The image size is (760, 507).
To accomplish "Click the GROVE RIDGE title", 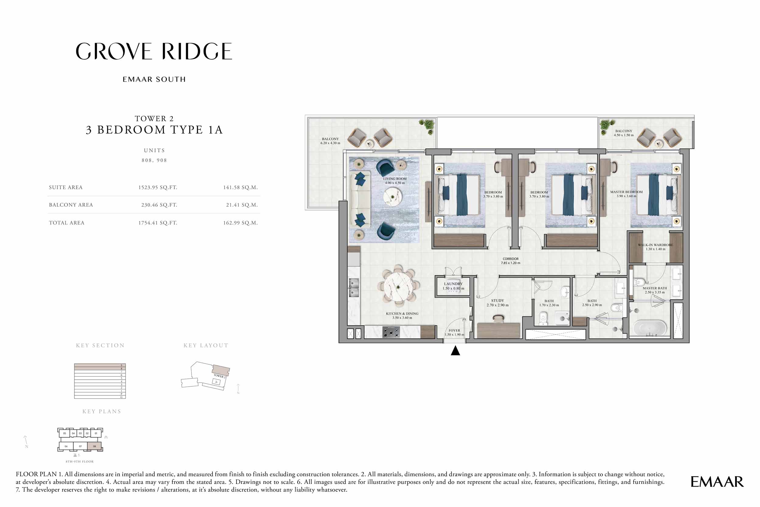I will click(x=154, y=51).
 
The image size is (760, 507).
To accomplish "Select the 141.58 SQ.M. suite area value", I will click(x=240, y=188).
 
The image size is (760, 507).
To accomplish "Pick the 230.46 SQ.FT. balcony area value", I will click(x=159, y=205).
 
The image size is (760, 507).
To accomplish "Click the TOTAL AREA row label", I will click(x=67, y=223).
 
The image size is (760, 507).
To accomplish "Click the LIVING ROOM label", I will click(x=395, y=179).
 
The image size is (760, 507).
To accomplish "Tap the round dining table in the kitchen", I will click(x=399, y=287).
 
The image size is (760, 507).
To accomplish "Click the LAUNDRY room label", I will click(x=453, y=284).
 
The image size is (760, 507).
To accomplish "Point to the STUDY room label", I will click(x=497, y=301).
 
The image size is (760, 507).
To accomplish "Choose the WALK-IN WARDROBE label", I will click(x=655, y=245).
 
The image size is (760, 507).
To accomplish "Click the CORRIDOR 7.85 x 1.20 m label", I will click(x=510, y=261).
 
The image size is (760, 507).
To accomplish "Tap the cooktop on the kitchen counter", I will click(x=391, y=332).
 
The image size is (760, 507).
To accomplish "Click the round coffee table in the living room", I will click(x=392, y=197).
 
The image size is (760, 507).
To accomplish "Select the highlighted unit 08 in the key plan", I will click(x=95, y=446).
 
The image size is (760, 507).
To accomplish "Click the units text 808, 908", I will click(x=154, y=160).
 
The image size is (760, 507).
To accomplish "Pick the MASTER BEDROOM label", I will click(x=626, y=192).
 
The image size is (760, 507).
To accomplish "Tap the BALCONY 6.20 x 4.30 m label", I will click(x=330, y=141).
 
